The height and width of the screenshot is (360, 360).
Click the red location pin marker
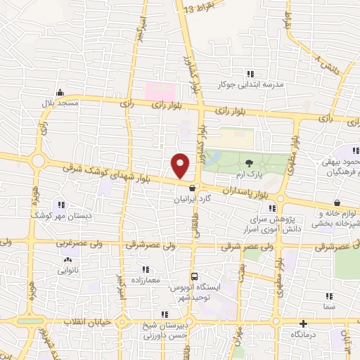181,165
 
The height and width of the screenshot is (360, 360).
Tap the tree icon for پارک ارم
250,164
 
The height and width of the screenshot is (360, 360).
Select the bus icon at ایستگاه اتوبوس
195,276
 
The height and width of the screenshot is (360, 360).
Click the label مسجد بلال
60,104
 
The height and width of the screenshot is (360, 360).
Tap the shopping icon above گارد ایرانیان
192,188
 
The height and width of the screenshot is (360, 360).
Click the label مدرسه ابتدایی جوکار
254,84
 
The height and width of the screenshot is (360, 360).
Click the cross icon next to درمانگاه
302,324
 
